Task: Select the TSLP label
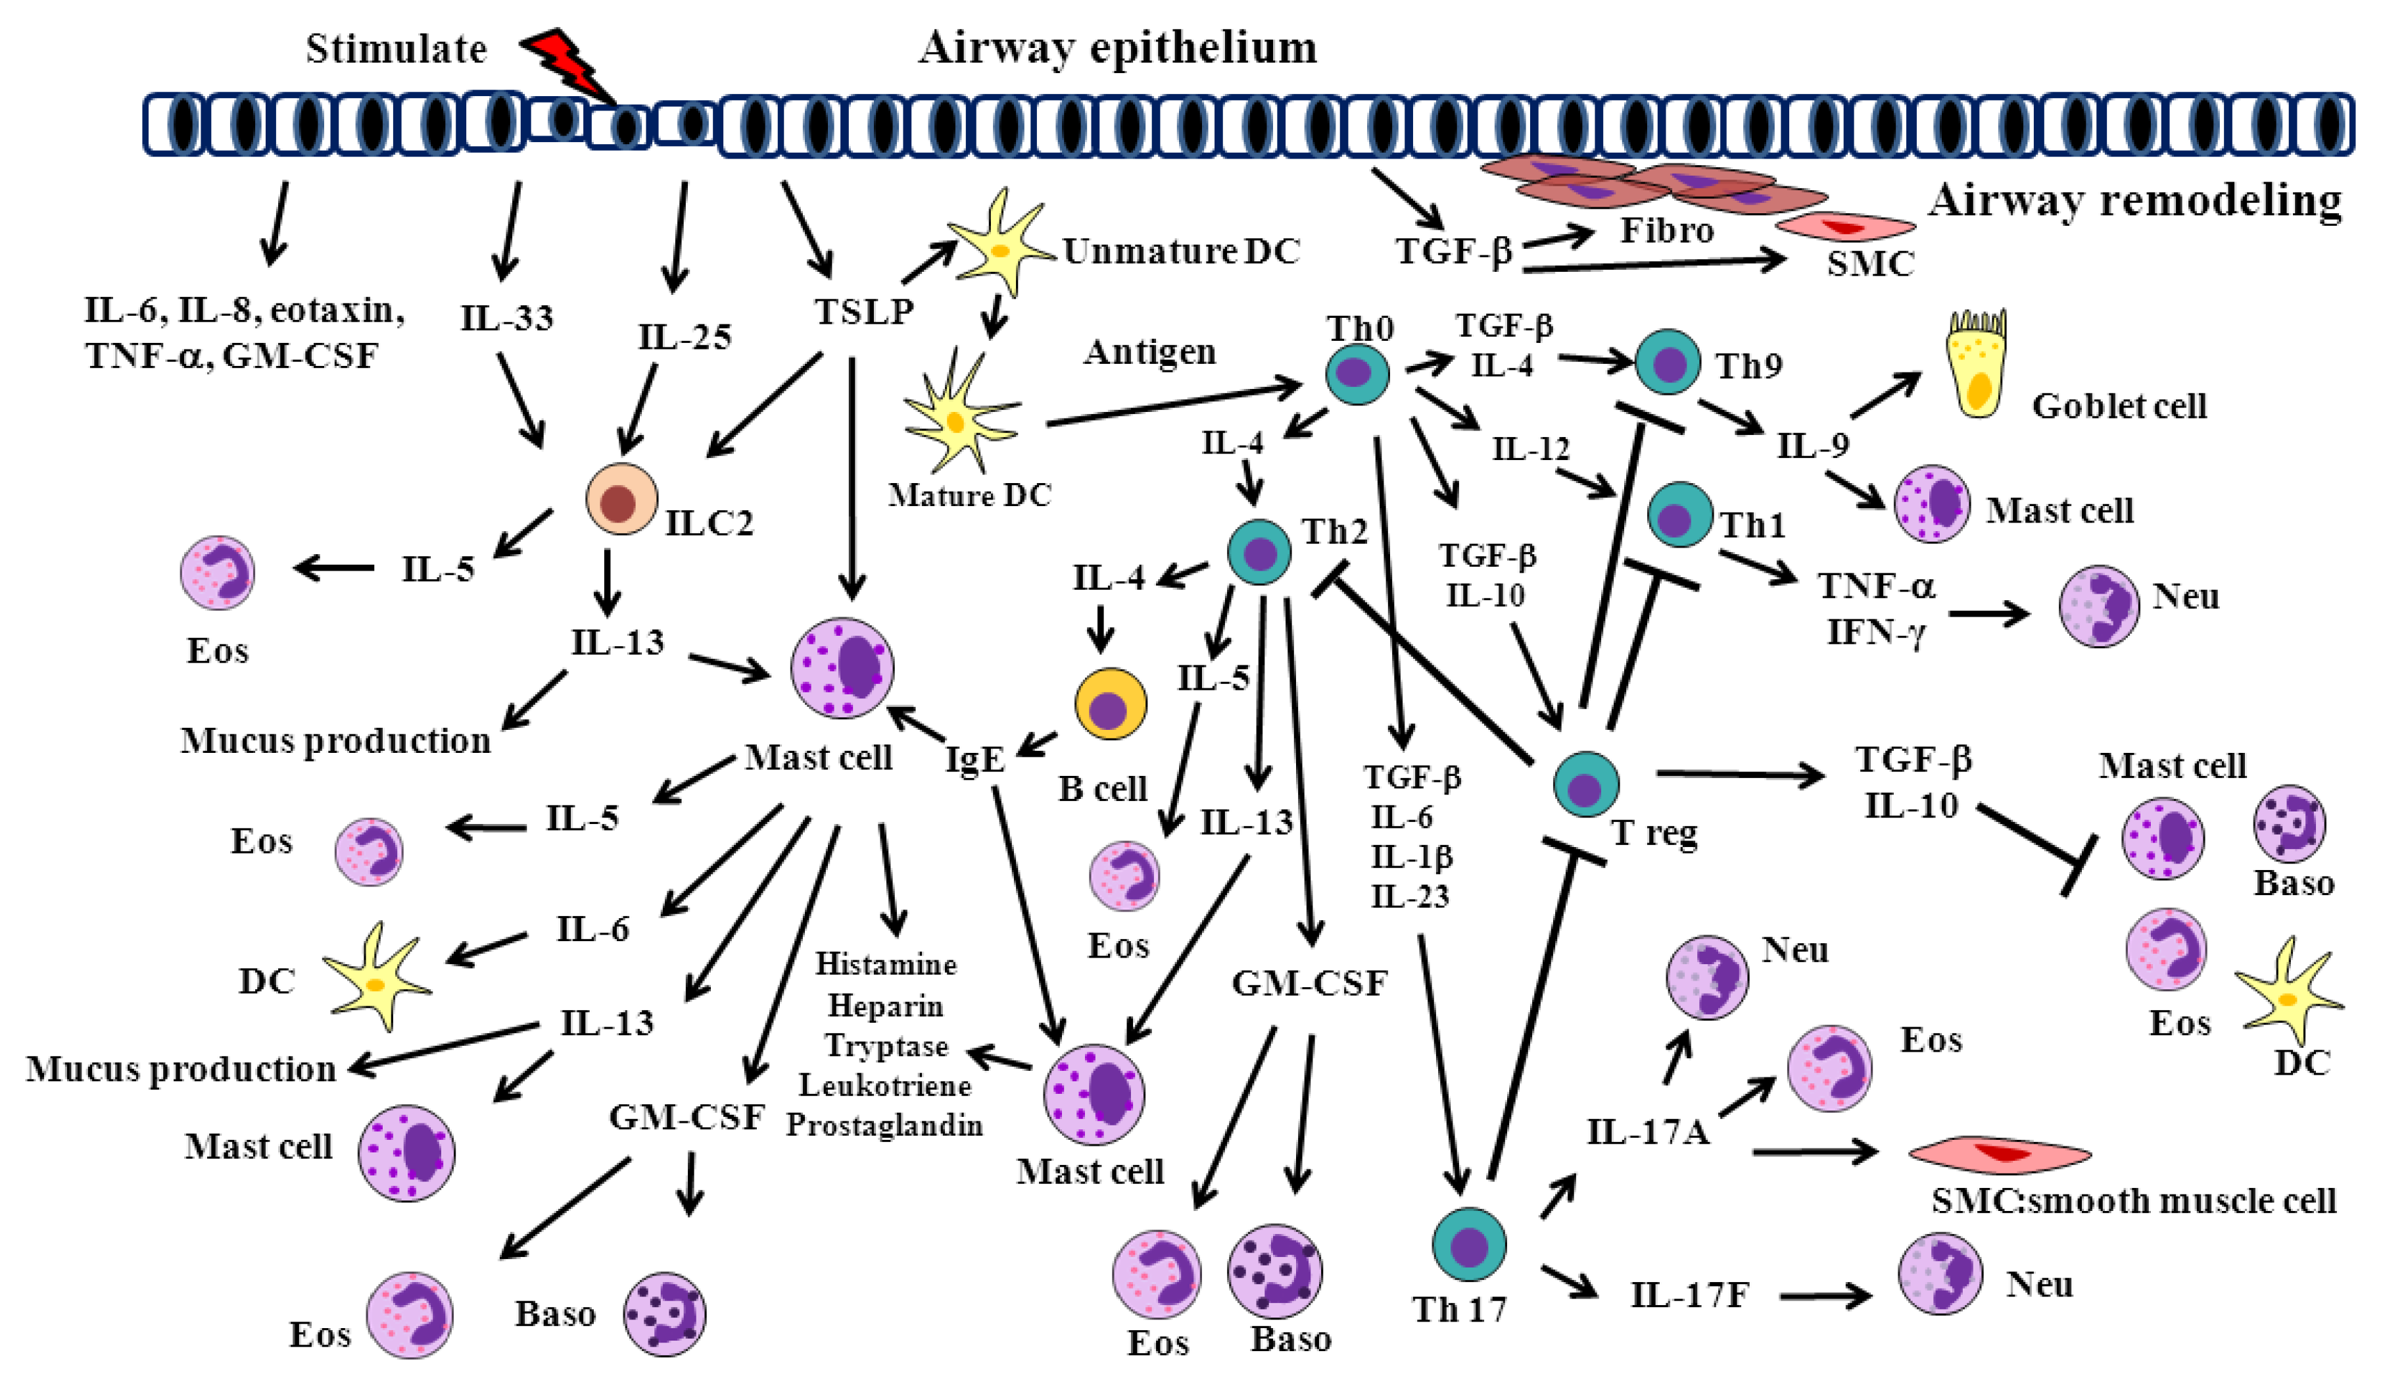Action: [864, 311]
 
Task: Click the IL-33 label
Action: [507, 318]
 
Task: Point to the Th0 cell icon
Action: [1357, 374]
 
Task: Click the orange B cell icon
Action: [1110, 704]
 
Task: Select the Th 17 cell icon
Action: [1468, 1244]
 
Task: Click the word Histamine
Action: [886, 964]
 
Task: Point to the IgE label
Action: [975, 759]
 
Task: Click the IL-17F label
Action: [1690, 1295]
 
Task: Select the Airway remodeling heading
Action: [2135, 201]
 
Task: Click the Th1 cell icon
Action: [1679, 515]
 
